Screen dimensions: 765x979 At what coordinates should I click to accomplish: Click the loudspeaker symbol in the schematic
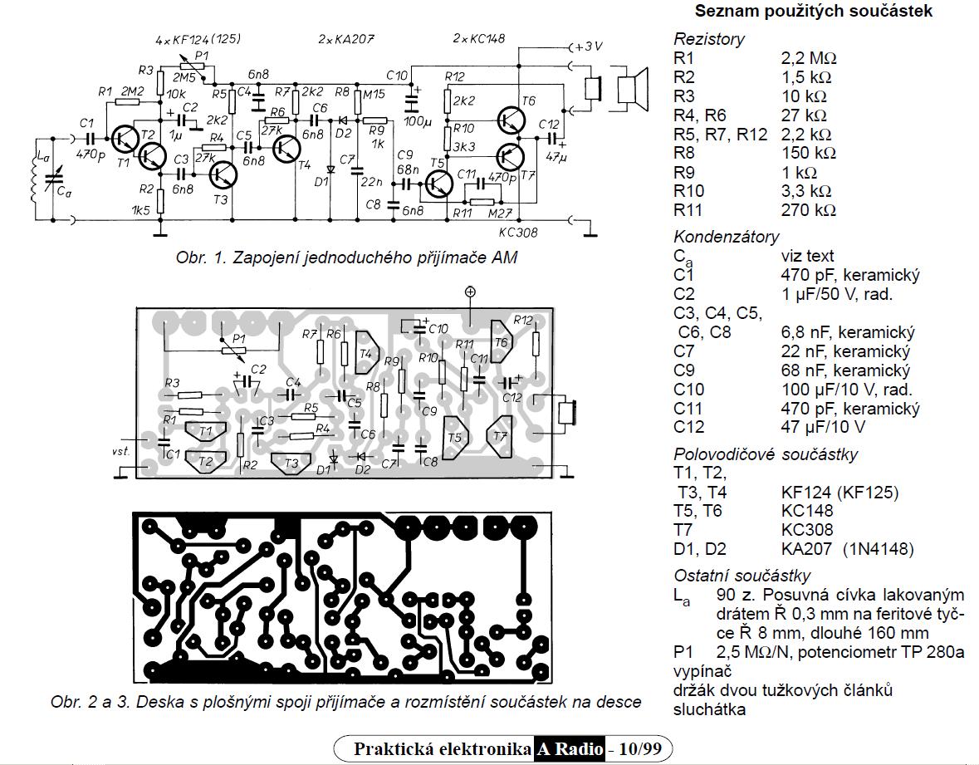[x=629, y=87]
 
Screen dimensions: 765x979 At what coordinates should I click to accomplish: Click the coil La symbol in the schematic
[x=33, y=177]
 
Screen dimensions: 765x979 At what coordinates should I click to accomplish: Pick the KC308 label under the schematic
[x=520, y=233]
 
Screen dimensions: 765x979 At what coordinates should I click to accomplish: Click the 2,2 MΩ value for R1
[x=808, y=59]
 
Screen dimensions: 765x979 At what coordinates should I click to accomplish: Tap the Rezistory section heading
[x=709, y=38]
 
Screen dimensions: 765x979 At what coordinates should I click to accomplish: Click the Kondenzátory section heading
[x=727, y=237]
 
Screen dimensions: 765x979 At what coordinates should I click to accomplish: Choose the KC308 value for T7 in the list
[x=807, y=530]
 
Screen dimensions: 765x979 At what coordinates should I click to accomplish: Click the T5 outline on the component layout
[x=454, y=437]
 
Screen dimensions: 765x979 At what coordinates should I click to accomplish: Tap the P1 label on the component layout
[x=239, y=339]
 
